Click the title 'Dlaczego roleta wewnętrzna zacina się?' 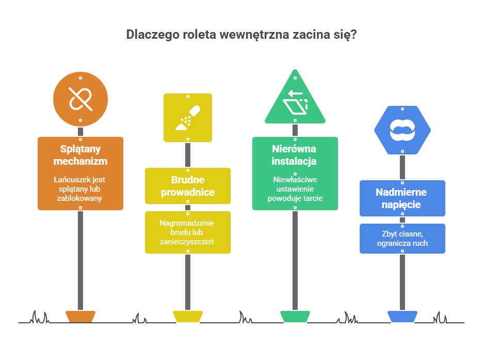[242, 35]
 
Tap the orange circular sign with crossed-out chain [81, 99]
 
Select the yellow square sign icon [188, 118]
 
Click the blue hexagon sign [403, 130]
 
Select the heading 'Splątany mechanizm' [81, 155]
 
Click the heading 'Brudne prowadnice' [188, 186]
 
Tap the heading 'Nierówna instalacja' [295, 155]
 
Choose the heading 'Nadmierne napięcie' [403, 198]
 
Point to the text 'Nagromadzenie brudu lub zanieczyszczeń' [188, 232]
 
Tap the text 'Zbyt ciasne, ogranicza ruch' [403, 239]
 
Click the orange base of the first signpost [81, 316]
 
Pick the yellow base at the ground [188, 316]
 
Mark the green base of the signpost [295, 316]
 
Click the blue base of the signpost [403, 316]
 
